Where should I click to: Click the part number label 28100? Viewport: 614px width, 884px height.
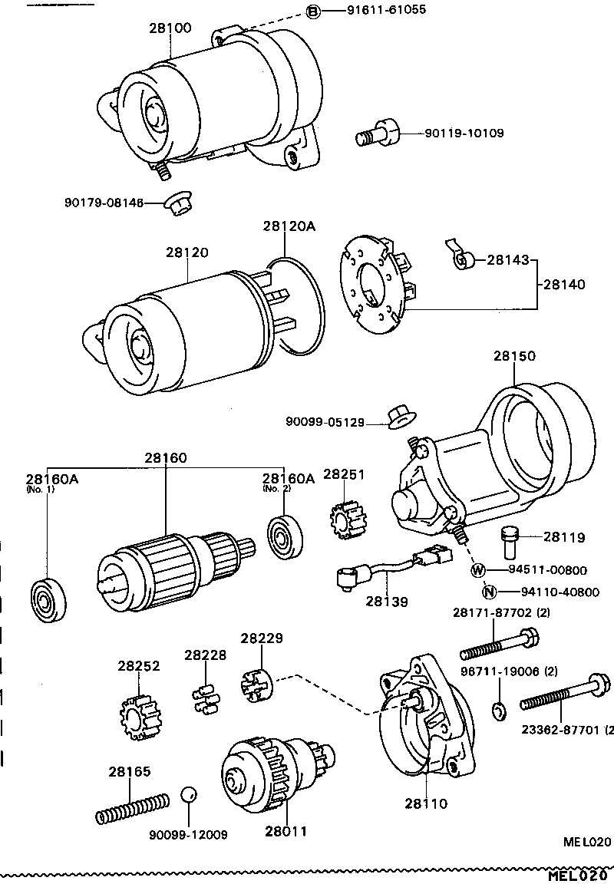tap(170, 28)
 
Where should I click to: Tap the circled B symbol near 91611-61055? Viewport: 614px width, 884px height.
tap(313, 11)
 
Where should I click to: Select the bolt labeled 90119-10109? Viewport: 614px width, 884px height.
tap(379, 134)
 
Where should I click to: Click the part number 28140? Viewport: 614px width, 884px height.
tap(564, 284)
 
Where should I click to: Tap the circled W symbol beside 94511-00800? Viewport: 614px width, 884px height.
tap(478, 570)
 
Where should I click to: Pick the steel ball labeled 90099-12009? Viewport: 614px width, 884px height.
tap(189, 795)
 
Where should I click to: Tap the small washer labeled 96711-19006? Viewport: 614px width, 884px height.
tap(498, 711)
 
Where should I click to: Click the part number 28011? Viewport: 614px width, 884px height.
tap(286, 831)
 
